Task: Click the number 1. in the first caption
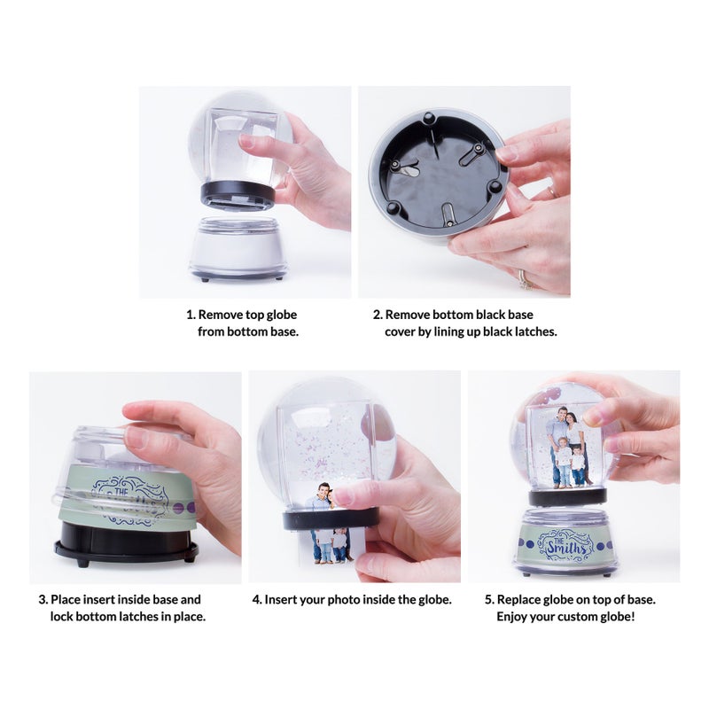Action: [191, 315]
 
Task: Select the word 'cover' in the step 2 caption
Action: [401, 331]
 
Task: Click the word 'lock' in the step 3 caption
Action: [64, 616]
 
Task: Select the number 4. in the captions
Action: [257, 599]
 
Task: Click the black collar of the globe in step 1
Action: [238, 193]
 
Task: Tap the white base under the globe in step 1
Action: [238, 248]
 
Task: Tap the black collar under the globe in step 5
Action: [567, 496]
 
